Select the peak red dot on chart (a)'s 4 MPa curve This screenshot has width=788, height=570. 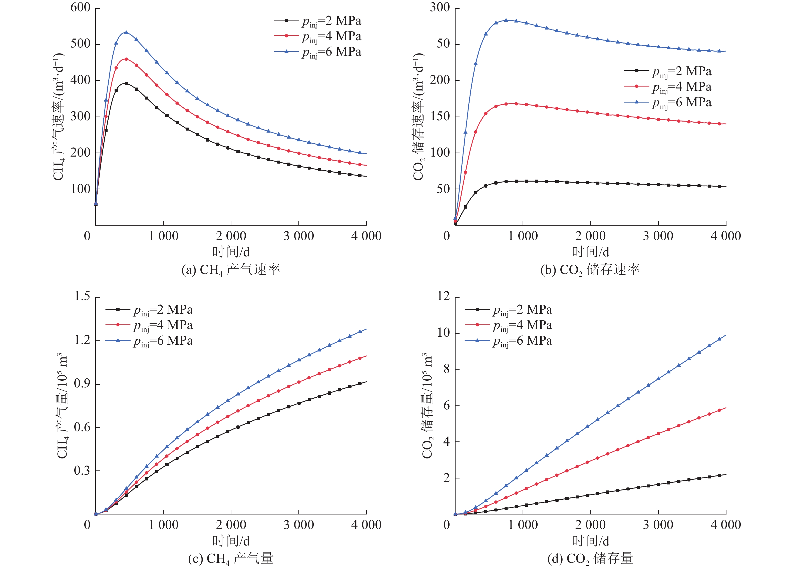pos(126,59)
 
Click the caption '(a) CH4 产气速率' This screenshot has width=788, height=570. pos(231,270)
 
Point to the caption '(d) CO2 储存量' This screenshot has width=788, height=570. pos(590,558)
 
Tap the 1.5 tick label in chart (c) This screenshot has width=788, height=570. pos(82,296)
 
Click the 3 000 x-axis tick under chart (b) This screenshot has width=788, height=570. pos(658,236)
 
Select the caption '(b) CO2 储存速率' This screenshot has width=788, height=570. pos(590,270)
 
